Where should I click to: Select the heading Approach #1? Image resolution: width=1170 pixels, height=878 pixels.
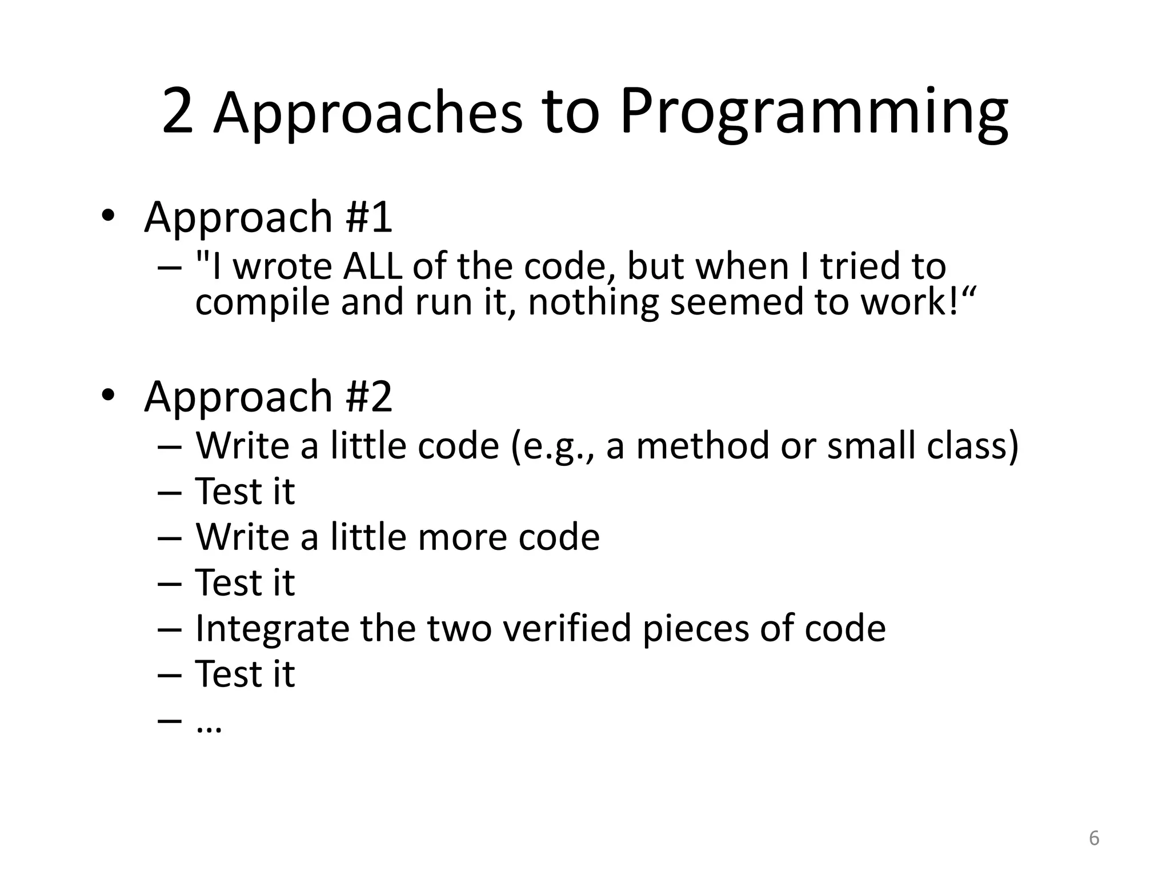(268, 217)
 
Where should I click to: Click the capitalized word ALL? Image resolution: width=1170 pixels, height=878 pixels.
(372, 267)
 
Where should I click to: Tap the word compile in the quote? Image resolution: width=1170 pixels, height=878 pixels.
(262, 302)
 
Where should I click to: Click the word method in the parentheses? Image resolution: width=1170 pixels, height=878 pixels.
(702, 446)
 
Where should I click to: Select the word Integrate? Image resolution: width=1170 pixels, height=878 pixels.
(272, 629)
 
